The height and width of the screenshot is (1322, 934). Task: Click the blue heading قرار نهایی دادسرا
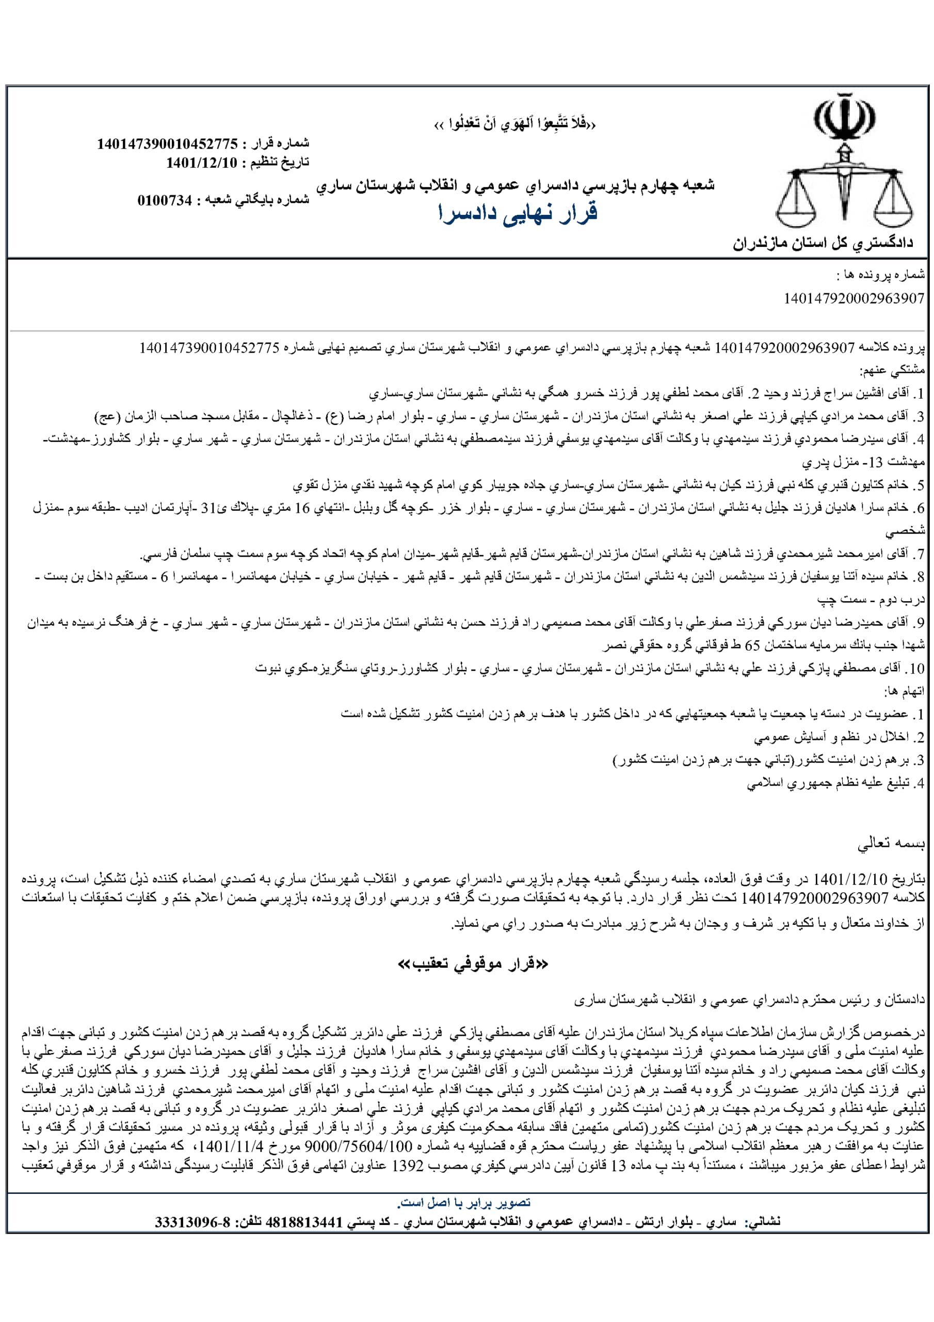(518, 214)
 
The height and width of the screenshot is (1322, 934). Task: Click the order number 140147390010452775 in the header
(167, 144)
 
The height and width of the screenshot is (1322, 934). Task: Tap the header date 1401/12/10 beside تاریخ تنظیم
(201, 162)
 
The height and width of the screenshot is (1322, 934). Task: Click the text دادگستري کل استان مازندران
(823, 243)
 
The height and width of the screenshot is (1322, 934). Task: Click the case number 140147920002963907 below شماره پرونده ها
(854, 298)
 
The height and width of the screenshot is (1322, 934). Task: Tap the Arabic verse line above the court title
(515, 124)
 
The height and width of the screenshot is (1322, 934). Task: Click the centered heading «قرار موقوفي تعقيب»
(473, 964)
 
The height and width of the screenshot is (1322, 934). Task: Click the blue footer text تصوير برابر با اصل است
(464, 1202)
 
